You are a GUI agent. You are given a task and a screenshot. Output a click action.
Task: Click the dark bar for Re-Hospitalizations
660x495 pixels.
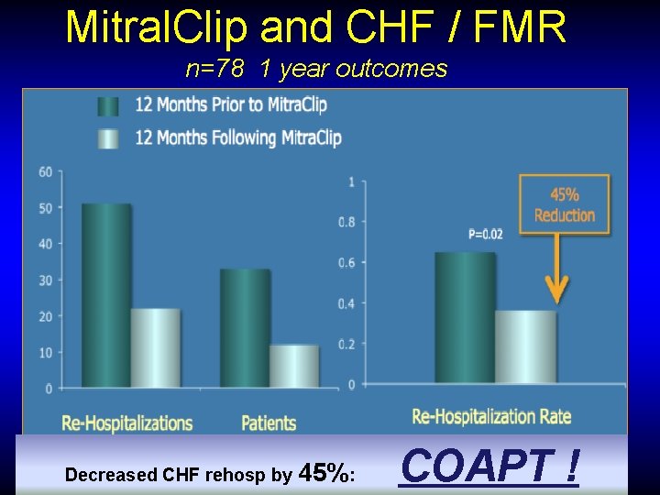click(106, 295)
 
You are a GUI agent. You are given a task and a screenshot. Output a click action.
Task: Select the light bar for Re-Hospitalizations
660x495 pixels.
click(156, 348)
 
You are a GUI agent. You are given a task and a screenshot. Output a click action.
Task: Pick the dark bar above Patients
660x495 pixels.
click(245, 328)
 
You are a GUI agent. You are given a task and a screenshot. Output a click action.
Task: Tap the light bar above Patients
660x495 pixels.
click(294, 366)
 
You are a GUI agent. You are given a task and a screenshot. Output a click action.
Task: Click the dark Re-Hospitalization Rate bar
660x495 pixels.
click(465, 317)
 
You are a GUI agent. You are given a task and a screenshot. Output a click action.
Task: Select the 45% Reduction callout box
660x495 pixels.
click(564, 205)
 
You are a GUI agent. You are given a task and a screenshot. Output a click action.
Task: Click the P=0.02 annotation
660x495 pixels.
click(486, 235)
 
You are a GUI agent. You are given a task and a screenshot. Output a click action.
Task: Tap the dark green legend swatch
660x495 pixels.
click(108, 105)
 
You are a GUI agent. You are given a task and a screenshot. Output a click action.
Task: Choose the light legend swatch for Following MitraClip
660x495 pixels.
click(108, 138)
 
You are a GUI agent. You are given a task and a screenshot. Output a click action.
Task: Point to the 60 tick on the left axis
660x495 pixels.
click(46, 171)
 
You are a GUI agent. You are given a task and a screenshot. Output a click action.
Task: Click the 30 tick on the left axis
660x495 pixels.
click(46, 280)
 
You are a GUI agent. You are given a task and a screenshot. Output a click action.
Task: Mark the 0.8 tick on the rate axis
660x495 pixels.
click(346, 222)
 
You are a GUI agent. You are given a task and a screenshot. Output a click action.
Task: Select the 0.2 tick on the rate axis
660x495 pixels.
click(346, 344)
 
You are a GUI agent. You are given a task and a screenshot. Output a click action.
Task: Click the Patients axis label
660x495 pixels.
click(269, 423)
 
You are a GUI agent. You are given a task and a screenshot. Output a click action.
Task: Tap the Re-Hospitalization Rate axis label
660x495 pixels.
click(491, 416)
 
